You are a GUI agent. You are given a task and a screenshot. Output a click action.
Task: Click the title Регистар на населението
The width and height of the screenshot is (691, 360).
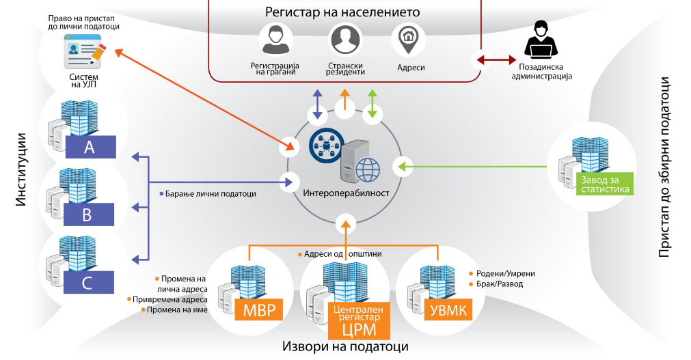pyautogui.click(x=342, y=12)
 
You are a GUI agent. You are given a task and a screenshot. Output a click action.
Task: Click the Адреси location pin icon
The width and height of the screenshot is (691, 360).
pyautogui.click(x=409, y=40)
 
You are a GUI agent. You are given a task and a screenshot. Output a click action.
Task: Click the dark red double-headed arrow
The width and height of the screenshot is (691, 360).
pyautogui.click(x=496, y=60)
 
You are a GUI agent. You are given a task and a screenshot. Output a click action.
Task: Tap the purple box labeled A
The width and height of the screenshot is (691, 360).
pyautogui.click(x=89, y=147)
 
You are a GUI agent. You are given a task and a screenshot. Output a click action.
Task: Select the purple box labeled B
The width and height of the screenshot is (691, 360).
pyautogui.click(x=87, y=214)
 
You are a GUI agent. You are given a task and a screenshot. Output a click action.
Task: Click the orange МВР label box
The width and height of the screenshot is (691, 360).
pyautogui.click(x=259, y=311)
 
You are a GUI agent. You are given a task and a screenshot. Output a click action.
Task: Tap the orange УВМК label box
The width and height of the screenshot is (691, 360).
pyautogui.click(x=448, y=311)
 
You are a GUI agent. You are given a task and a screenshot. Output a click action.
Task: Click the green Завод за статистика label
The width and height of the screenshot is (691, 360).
pyautogui.click(x=605, y=185)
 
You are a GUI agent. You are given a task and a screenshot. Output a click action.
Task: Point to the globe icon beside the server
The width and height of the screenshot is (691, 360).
pyautogui.click(x=368, y=167)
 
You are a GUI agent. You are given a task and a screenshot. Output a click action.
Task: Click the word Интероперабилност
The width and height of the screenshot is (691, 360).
pyautogui.click(x=345, y=193)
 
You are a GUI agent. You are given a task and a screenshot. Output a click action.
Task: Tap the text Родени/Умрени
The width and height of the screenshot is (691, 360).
pyautogui.click(x=504, y=273)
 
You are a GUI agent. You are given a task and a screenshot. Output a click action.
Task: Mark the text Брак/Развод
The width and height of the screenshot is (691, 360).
pyautogui.click(x=499, y=283)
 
